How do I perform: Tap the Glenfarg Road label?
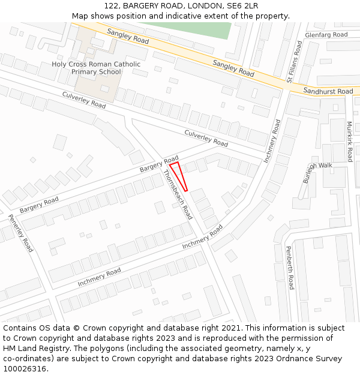click(326, 35)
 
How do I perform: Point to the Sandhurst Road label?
click(328, 91)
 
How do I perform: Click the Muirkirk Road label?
click(350, 142)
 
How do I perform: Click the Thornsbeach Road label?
click(178, 194)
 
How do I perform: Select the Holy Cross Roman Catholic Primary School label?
click(96, 68)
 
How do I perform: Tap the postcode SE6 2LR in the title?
click(242, 6)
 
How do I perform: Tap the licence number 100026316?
click(25, 369)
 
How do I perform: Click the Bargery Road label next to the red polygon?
click(159, 164)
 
